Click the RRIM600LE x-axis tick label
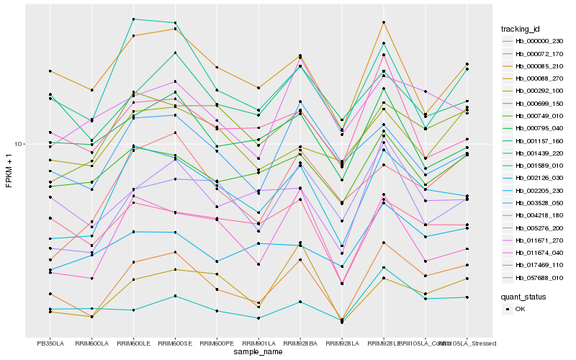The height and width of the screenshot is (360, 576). [x=133, y=343]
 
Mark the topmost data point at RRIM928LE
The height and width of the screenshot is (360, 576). [x=384, y=22]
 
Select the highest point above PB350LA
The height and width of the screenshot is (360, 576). [x=50, y=71]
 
